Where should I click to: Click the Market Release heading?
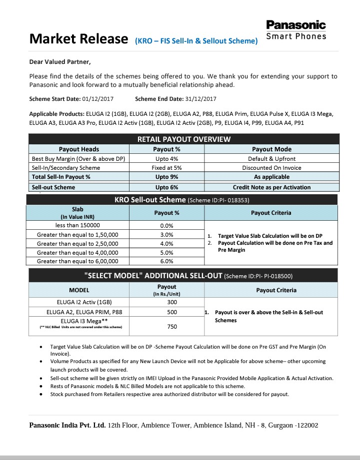[x=78, y=39]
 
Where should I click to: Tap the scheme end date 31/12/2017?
[x=200, y=99]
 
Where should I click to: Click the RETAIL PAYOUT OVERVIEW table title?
[x=184, y=139]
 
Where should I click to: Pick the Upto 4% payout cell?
[x=166, y=159]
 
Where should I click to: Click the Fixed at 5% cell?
[x=166, y=168]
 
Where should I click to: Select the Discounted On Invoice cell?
[x=271, y=168]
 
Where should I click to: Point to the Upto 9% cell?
[x=166, y=177]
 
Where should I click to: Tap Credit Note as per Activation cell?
[x=271, y=187]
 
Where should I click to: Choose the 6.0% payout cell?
[x=166, y=261]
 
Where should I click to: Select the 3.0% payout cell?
[x=166, y=234]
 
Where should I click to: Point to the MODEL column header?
[x=79, y=290]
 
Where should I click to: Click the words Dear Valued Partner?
[x=60, y=62]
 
